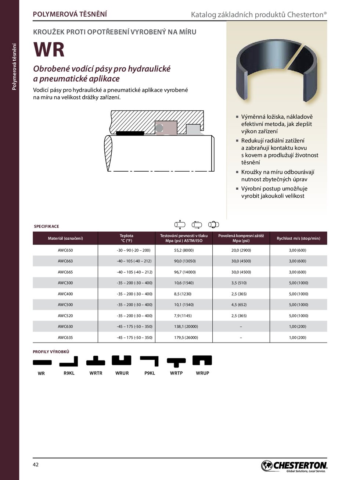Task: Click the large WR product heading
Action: [49, 50]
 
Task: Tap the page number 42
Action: [36, 465]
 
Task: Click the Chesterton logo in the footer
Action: [294, 466]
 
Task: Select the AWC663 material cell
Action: [65, 261]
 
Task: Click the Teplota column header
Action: [126, 238]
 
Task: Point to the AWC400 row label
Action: [65, 294]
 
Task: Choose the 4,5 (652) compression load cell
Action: [241, 305]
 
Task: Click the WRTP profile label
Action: [176, 373]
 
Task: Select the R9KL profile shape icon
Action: [69, 362]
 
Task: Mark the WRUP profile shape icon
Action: [202, 361]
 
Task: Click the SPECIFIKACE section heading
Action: [46, 226]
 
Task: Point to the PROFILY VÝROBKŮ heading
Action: [51, 352]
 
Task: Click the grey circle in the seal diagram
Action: [159, 128]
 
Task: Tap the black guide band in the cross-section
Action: [130, 133]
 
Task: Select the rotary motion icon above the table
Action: [213, 225]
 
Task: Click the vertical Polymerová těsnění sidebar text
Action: [14, 67]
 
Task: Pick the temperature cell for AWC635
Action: [134, 337]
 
